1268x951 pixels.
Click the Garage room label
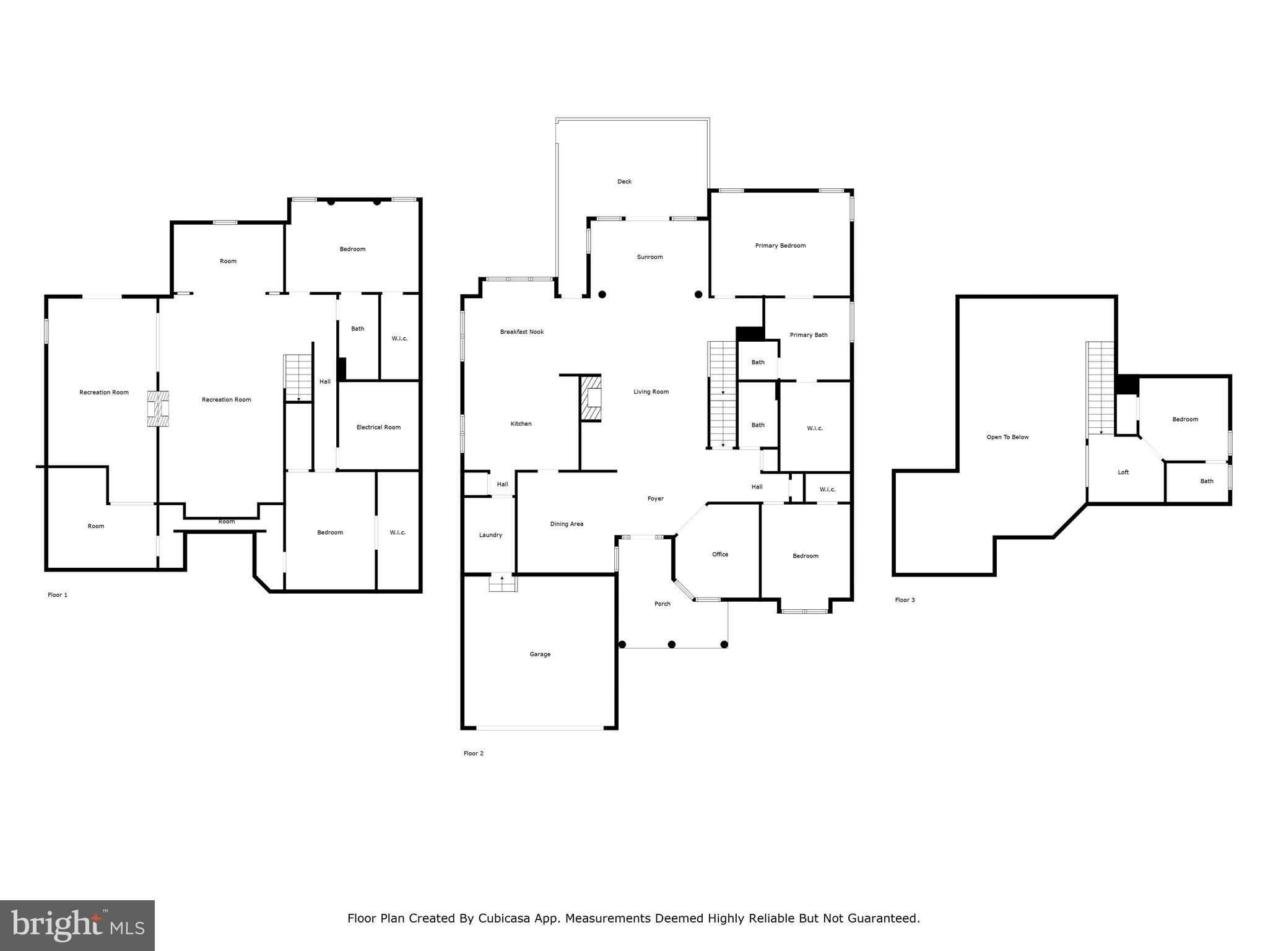pyautogui.click(x=539, y=654)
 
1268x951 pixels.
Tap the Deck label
pyautogui.click(x=624, y=181)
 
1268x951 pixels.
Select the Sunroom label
pyautogui.click(x=649, y=257)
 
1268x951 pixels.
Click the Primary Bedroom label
pyautogui.click(x=780, y=246)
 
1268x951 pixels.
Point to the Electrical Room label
pyautogui.click(x=378, y=427)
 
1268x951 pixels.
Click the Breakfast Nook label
pyautogui.click(x=522, y=332)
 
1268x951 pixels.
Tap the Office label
pyautogui.click(x=719, y=554)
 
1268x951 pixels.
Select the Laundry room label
pyautogui.click(x=490, y=535)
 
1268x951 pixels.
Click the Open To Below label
pyautogui.click(x=1007, y=437)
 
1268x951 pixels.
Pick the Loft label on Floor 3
pyautogui.click(x=1123, y=472)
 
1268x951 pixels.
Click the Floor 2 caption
pyautogui.click(x=473, y=753)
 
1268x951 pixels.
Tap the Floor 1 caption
pyautogui.click(x=58, y=595)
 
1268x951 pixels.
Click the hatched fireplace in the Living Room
pyautogui.click(x=591, y=399)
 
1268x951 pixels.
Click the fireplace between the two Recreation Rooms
pyautogui.click(x=158, y=409)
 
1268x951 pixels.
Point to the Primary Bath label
pyautogui.click(x=808, y=335)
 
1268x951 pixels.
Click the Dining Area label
pyautogui.click(x=567, y=524)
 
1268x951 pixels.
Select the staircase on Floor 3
pyautogui.click(x=1101, y=388)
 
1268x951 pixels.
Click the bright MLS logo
pyautogui.click(x=77, y=925)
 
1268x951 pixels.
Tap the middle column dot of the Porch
pyautogui.click(x=672, y=645)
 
